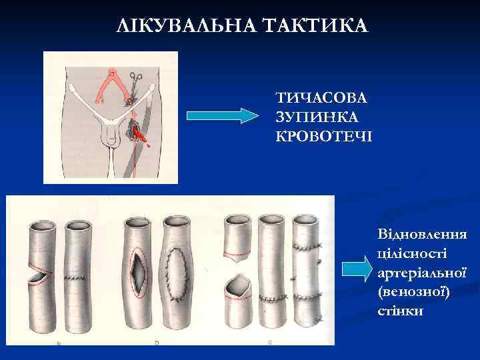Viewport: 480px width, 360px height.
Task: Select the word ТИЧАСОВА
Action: (322, 98)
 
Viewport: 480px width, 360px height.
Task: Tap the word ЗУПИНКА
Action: (317, 117)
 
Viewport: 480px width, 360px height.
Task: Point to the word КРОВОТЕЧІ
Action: (325, 136)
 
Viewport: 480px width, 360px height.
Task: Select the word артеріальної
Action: (421, 273)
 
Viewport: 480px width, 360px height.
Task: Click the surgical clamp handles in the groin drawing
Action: (135, 79)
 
